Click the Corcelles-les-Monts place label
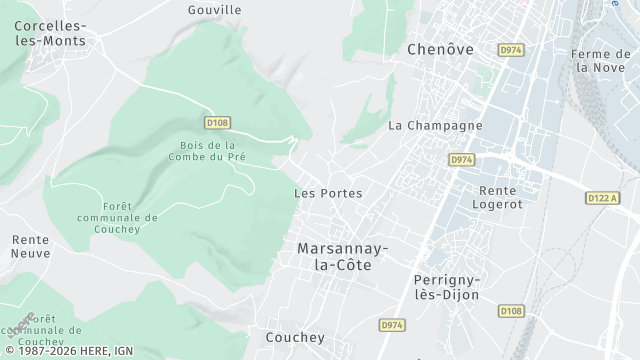coord(50,32)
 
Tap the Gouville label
coord(215,10)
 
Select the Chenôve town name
coord(439,48)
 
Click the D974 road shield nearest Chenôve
coord(511,49)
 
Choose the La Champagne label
coord(435,126)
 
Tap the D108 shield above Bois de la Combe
coord(217,123)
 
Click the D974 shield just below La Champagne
coord(461,159)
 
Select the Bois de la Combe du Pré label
coord(209,151)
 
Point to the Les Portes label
coord(328,193)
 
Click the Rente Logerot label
coord(504,197)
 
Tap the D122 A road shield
coord(603,199)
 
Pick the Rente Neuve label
coord(30,247)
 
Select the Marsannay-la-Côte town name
coord(342,256)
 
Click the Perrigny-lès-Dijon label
coord(446,287)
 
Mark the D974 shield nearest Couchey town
coord(393,325)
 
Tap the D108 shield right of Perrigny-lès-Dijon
coord(511,311)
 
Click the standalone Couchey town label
coord(295,338)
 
